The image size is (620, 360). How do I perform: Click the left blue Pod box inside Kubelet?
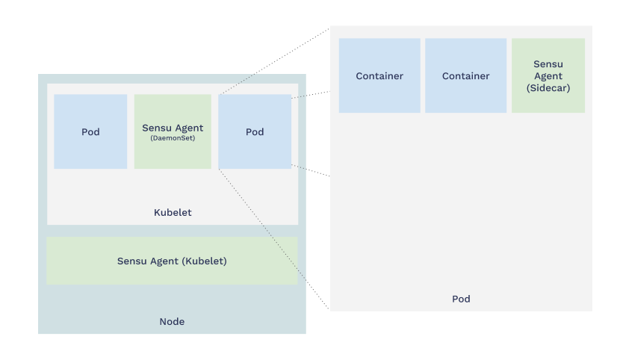click(90, 131)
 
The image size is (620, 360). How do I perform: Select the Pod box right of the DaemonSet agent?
click(255, 131)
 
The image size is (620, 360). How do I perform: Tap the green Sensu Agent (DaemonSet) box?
click(173, 131)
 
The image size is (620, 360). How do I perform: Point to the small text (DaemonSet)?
click(173, 138)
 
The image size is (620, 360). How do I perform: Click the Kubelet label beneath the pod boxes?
click(173, 213)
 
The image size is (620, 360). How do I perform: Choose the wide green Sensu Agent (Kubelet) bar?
click(172, 261)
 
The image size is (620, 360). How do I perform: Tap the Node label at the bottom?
click(172, 322)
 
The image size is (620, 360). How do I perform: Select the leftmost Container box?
click(379, 75)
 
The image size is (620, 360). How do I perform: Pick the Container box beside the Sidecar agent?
click(465, 75)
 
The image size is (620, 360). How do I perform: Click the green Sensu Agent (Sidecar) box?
click(548, 75)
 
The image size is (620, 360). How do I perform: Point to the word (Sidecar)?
click(548, 87)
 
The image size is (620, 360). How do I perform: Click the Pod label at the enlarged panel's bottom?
click(461, 299)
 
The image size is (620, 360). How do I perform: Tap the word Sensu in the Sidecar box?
click(548, 64)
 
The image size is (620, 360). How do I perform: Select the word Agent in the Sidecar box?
click(548, 76)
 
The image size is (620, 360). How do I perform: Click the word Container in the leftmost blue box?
click(379, 76)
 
